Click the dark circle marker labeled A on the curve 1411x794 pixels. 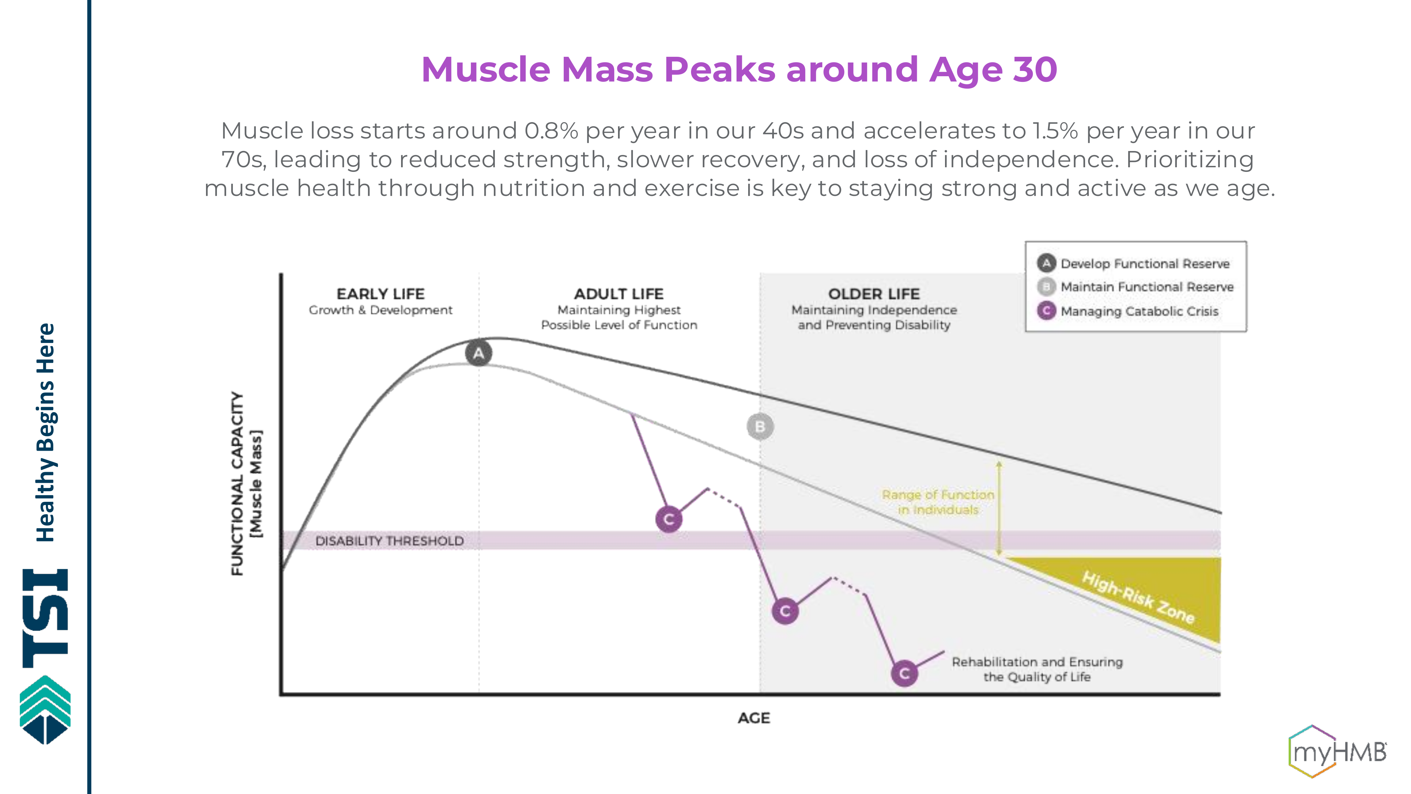[478, 354]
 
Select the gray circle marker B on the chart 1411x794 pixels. [760, 426]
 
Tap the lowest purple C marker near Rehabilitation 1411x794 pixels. [904, 673]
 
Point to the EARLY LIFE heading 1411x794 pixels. [380, 294]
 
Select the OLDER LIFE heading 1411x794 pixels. [874, 294]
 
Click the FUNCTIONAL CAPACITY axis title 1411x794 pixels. [237, 483]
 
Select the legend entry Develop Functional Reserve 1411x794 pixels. [1145, 264]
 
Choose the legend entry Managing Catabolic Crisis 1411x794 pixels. [1139, 311]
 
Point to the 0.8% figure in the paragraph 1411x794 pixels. [551, 131]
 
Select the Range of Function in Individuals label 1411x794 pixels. [938, 502]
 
